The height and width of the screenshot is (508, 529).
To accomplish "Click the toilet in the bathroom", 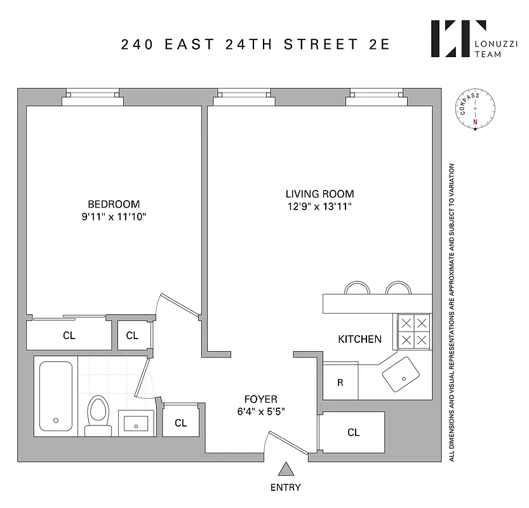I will (x=98, y=413).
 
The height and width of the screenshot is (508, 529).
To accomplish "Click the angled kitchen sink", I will (x=401, y=375).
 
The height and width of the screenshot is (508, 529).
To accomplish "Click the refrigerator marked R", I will (x=340, y=383).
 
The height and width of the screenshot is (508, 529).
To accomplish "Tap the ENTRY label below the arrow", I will (x=286, y=488).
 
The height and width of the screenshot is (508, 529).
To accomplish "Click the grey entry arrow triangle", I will (x=286, y=469).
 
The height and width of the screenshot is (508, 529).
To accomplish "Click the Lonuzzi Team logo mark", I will (x=450, y=39).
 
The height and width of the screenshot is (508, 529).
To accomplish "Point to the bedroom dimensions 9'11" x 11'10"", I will (x=114, y=217).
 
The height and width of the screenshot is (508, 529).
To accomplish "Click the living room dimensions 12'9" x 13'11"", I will (x=319, y=206).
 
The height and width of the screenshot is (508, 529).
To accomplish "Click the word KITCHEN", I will (x=359, y=339).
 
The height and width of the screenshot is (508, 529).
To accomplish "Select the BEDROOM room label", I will (x=114, y=204).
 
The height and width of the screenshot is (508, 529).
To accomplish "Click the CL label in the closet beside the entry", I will (x=353, y=432).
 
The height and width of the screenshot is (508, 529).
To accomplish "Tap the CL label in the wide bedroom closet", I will (x=69, y=335).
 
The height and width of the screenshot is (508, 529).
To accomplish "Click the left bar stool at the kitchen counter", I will (x=357, y=288).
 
